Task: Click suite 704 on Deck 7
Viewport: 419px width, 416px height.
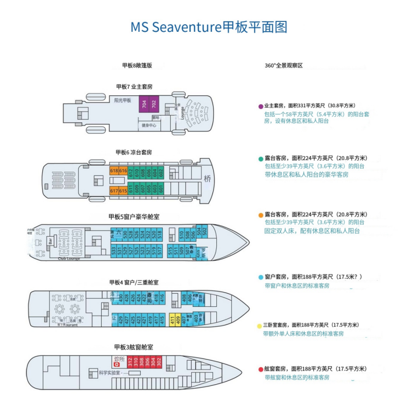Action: click(144, 104)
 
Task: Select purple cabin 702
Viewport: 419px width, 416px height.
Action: click(153, 104)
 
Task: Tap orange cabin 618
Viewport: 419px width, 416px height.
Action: click(114, 171)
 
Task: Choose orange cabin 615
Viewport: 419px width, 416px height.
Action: click(123, 190)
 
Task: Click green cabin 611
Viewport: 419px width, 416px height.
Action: click(131, 187)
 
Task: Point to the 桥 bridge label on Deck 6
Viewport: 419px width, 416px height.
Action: click(207, 179)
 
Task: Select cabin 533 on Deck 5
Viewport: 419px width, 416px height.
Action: click(114, 252)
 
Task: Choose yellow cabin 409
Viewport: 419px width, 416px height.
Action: click(178, 320)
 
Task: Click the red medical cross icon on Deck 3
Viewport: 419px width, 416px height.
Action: click(116, 366)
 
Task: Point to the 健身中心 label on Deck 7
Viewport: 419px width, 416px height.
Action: click(149, 126)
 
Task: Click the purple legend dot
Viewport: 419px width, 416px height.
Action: click(261, 106)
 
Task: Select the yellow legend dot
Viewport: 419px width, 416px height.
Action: click(260, 326)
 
